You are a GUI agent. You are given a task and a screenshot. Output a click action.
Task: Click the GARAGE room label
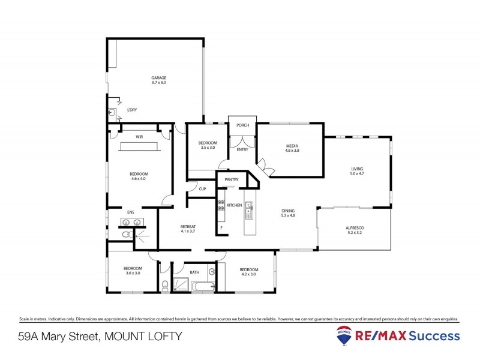pyautogui.click(x=158, y=77)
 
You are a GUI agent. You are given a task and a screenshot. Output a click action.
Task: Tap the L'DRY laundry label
pyautogui.click(x=131, y=110)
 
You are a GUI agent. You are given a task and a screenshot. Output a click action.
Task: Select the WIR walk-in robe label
pyautogui.click(x=139, y=137)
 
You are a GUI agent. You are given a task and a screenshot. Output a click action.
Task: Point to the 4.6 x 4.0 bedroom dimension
pyautogui.click(x=139, y=179)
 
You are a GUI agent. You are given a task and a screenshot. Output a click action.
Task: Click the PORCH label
pyautogui.click(x=242, y=125)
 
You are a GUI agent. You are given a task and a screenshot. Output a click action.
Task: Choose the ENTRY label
pyautogui.click(x=242, y=149)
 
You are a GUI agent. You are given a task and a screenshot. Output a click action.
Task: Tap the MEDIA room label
pyautogui.click(x=292, y=146)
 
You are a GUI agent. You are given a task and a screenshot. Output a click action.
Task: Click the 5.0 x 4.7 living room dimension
pyautogui.click(x=358, y=174)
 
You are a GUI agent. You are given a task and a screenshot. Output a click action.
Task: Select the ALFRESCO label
pyautogui.click(x=355, y=228)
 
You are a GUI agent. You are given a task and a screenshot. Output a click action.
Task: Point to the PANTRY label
pyautogui.click(x=232, y=179)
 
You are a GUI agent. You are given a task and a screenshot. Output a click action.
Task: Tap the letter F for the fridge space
pyautogui.click(x=221, y=228)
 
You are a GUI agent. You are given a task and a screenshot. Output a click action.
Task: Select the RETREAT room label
pyautogui.click(x=188, y=226)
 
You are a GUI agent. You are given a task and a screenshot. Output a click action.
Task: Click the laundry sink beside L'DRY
pyautogui.click(x=112, y=112)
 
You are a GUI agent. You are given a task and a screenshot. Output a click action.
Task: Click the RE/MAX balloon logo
pyautogui.click(x=344, y=336)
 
